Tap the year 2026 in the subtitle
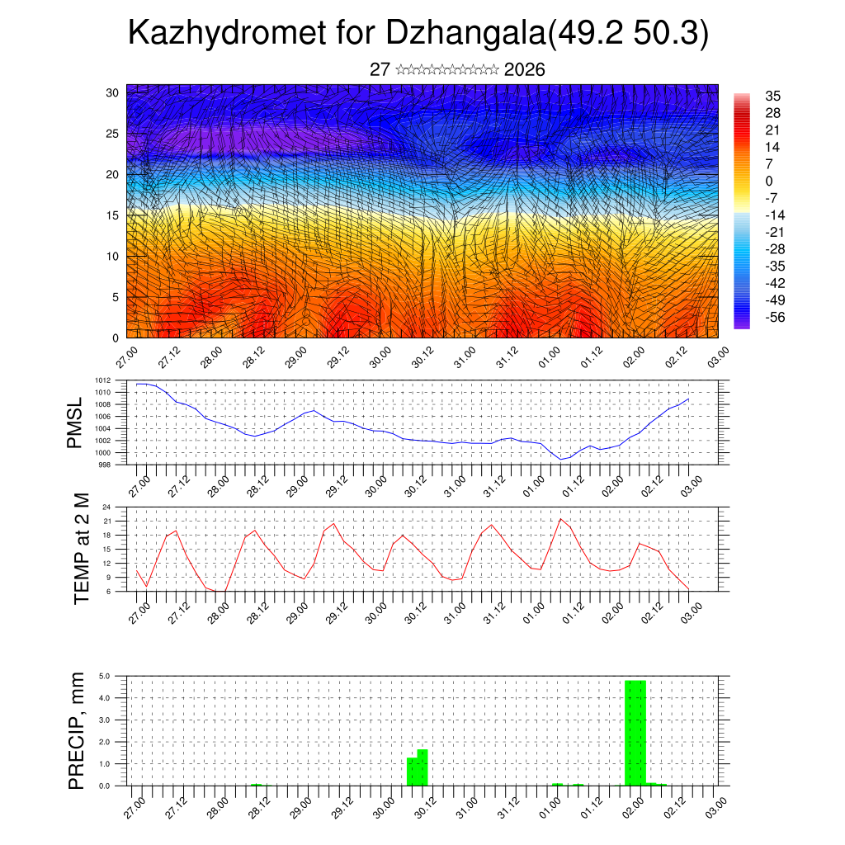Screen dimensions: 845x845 point(524,69)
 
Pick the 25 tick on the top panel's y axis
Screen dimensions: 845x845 point(114,133)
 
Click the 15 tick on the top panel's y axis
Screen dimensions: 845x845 point(114,215)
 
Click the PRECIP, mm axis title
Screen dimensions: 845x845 point(76,729)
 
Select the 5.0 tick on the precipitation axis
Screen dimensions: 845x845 point(105,676)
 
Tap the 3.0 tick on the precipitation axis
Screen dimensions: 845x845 point(105,720)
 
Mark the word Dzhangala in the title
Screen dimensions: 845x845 point(465,35)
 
